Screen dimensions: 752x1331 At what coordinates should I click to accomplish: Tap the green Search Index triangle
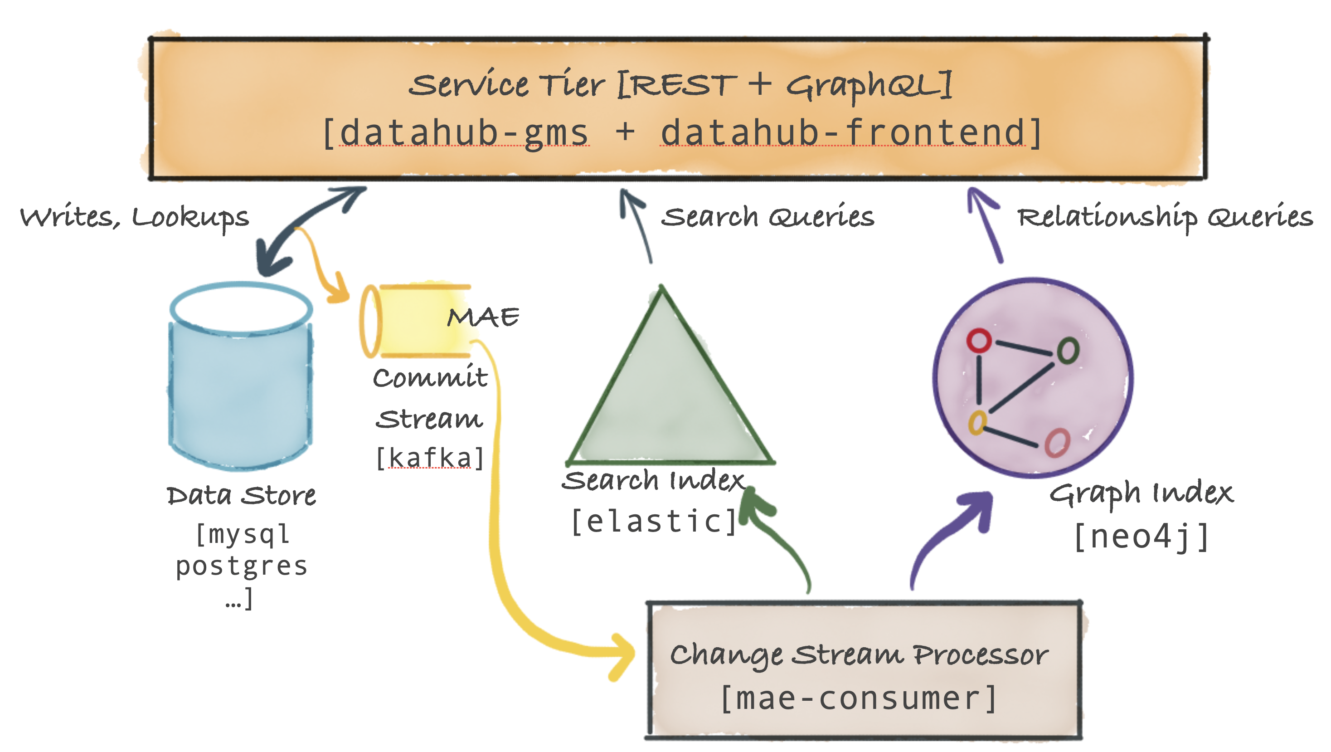tap(666, 403)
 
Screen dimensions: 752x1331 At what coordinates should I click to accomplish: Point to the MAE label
tap(483, 317)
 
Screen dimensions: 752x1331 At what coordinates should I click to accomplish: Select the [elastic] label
tap(654, 521)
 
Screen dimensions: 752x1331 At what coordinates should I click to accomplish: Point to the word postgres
tap(242, 566)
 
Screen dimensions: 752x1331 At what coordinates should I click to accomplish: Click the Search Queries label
tap(768, 217)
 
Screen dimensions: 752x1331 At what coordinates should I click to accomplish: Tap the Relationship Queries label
tap(1165, 217)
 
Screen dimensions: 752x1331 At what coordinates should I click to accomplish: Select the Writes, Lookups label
tap(134, 217)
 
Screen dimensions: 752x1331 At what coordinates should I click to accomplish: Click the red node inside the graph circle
tap(979, 341)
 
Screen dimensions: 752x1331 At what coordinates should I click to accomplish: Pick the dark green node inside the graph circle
tap(1068, 351)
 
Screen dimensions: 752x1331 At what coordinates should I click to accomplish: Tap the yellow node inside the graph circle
tap(977, 422)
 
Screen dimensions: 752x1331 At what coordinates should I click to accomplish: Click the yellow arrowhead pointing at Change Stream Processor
tap(622, 655)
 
